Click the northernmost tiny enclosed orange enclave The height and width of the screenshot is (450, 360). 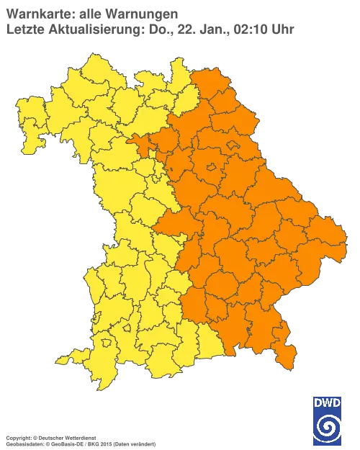pos(233,146)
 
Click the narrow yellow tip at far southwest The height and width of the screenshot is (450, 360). pos(62,359)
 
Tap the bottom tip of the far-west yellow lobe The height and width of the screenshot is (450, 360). pos(27,151)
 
